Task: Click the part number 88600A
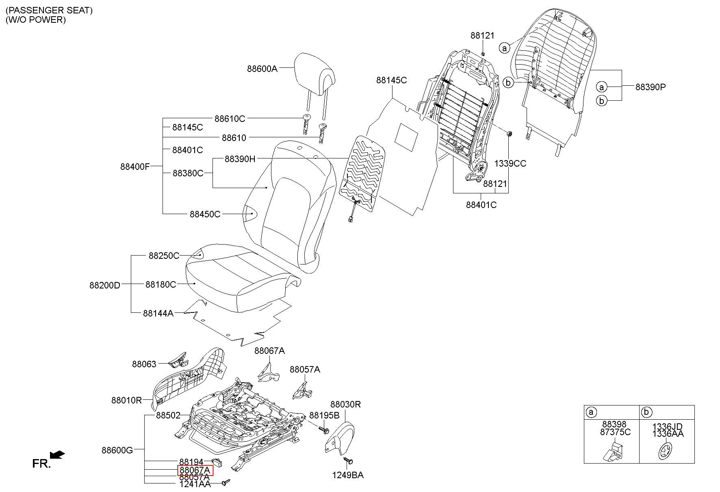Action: pos(262,69)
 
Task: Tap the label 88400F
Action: pos(135,166)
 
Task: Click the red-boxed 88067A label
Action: pos(195,470)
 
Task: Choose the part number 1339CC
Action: pos(510,163)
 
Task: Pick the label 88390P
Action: pos(651,87)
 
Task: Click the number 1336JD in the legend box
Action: pos(667,427)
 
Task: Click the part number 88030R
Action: pos(345,404)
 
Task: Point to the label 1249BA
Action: pos(348,475)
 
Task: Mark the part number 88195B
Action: pos(324,415)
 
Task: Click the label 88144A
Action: pos(158,313)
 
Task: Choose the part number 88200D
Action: pos(105,285)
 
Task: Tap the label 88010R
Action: pos(126,400)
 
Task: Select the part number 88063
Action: pos(144,364)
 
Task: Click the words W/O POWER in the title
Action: pos(36,20)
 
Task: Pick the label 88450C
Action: pos(205,214)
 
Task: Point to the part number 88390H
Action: pos(240,159)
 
